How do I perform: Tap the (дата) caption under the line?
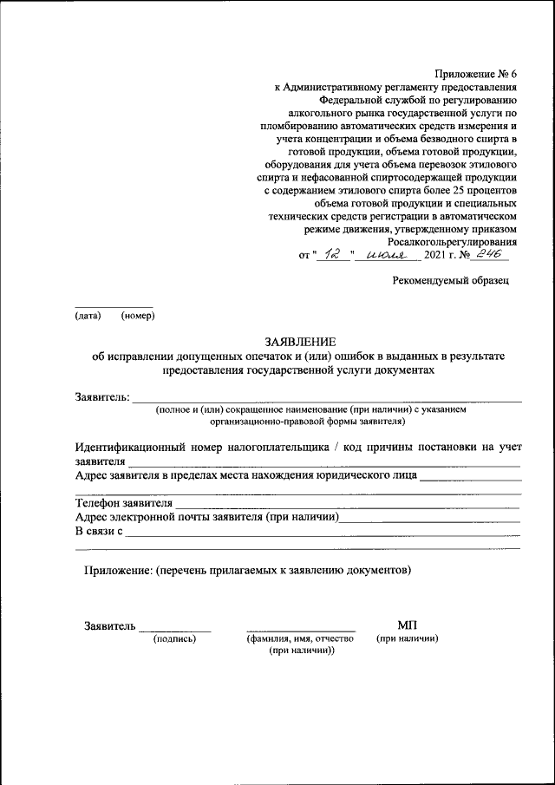point(88,315)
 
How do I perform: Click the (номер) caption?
point(138,315)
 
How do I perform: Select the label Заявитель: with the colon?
point(102,397)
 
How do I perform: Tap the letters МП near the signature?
point(407,625)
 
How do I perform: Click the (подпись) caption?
point(174,638)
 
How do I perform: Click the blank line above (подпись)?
point(175,630)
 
